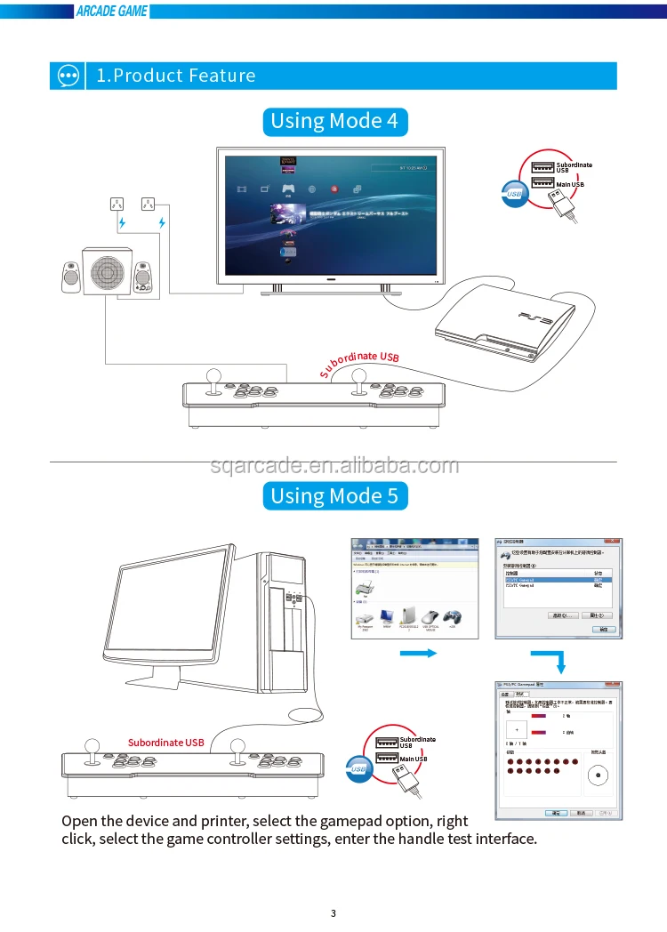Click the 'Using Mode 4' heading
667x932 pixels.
click(x=334, y=121)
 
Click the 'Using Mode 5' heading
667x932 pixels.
click(x=334, y=495)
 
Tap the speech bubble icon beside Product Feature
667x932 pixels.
click(x=68, y=76)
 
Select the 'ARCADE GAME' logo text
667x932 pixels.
click(x=112, y=12)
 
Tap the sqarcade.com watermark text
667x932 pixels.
click(x=334, y=465)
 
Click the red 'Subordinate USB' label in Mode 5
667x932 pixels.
click(x=165, y=743)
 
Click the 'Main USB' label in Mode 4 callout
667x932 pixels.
click(x=570, y=184)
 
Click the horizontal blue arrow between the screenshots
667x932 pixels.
click(x=416, y=654)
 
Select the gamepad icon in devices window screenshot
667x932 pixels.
click(x=453, y=616)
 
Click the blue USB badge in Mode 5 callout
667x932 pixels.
click(x=359, y=768)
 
